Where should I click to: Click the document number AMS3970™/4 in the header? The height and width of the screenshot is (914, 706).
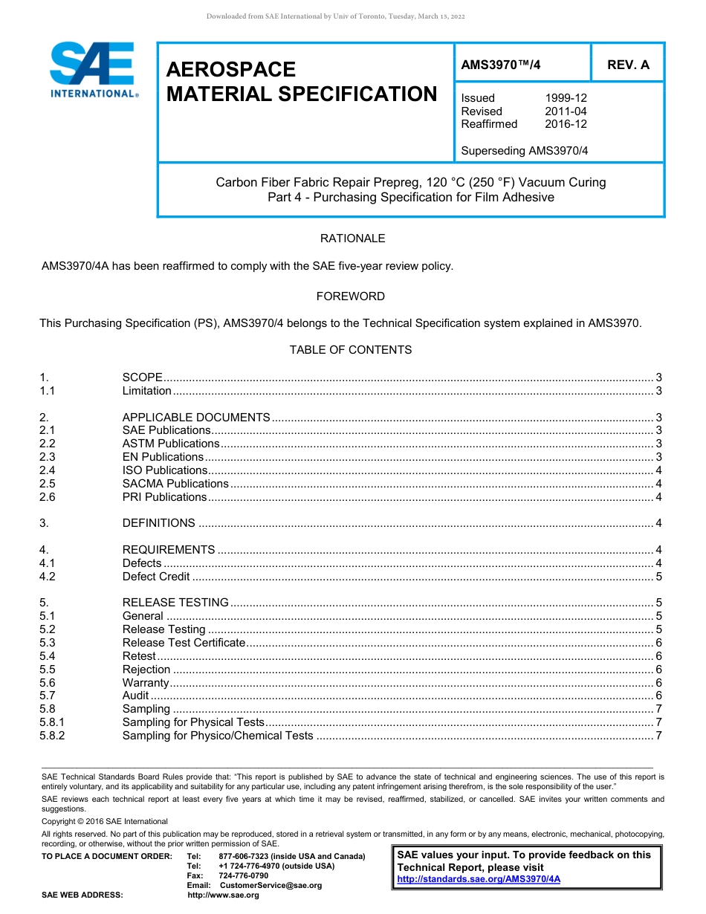[501, 65]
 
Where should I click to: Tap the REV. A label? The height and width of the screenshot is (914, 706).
[628, 65]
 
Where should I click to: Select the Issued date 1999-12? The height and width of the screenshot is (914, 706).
[566, 98]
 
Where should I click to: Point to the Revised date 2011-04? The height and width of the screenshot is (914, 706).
[566, 111]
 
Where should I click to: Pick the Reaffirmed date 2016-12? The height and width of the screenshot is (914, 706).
[566, 124]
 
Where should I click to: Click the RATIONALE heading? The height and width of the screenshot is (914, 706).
[352, 239]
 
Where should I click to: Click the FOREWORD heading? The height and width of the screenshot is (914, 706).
[351, 296]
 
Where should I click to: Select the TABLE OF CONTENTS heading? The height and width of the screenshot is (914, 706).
[351, 350]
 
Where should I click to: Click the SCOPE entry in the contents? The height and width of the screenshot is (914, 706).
[143, 377]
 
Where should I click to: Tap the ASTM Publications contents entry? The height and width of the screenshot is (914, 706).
[171, 444]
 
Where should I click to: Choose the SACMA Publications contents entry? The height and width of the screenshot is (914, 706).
[175, 484]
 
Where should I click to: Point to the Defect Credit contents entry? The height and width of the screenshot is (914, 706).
[156, 577]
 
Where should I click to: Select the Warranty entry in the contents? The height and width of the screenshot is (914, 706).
[146, 683]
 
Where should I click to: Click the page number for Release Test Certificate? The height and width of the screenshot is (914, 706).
[659, 643]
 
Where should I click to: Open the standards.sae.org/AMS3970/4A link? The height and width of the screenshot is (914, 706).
[479, 879]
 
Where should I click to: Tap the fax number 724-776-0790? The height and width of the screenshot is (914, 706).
[244, 876]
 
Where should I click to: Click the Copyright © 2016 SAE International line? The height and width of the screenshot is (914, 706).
[105, 821]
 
